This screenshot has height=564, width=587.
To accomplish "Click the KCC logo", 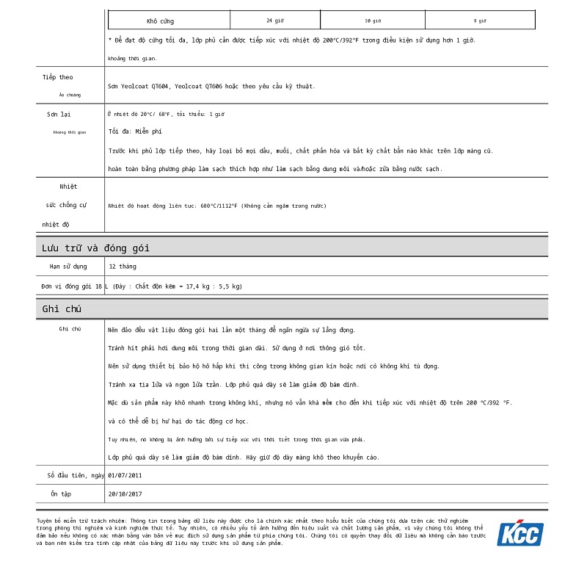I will (520, 533).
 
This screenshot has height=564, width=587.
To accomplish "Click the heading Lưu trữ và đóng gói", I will (95, 247).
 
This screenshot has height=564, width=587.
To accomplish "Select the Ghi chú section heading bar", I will (291, 309).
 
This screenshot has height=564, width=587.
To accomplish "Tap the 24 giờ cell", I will (274, 21).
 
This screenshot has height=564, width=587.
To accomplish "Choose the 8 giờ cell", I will (480, 21).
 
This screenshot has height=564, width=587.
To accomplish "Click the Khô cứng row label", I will (160, 21).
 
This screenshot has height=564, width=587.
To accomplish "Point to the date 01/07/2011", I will (125, 475).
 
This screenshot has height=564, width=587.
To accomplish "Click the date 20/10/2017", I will (125, 494).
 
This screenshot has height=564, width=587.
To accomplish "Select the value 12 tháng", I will (122, 267).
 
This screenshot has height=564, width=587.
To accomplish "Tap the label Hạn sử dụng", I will (68, 267).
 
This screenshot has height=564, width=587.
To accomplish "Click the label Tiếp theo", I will (57, 77).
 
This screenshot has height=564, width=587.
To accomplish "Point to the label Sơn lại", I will (59, 115).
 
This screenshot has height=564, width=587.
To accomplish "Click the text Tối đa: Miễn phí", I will (135, 131).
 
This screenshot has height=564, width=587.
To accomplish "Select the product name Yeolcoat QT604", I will (147, 87).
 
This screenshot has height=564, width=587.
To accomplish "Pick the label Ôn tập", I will (61, 494).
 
